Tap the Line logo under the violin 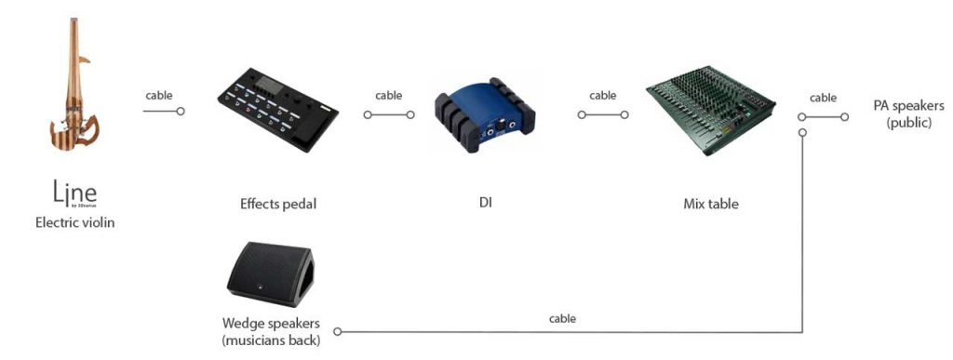75,194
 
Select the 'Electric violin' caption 75,222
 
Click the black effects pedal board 277,110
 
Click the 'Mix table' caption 710,203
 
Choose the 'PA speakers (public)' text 902,113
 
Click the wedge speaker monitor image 270,274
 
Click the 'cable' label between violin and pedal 158,95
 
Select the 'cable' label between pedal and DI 389,95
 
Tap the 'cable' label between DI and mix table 603,95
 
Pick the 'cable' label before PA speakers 823,97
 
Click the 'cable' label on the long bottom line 562,318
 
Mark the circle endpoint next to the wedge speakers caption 338,331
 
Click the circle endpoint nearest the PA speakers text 845,116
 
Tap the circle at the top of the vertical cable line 801,133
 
